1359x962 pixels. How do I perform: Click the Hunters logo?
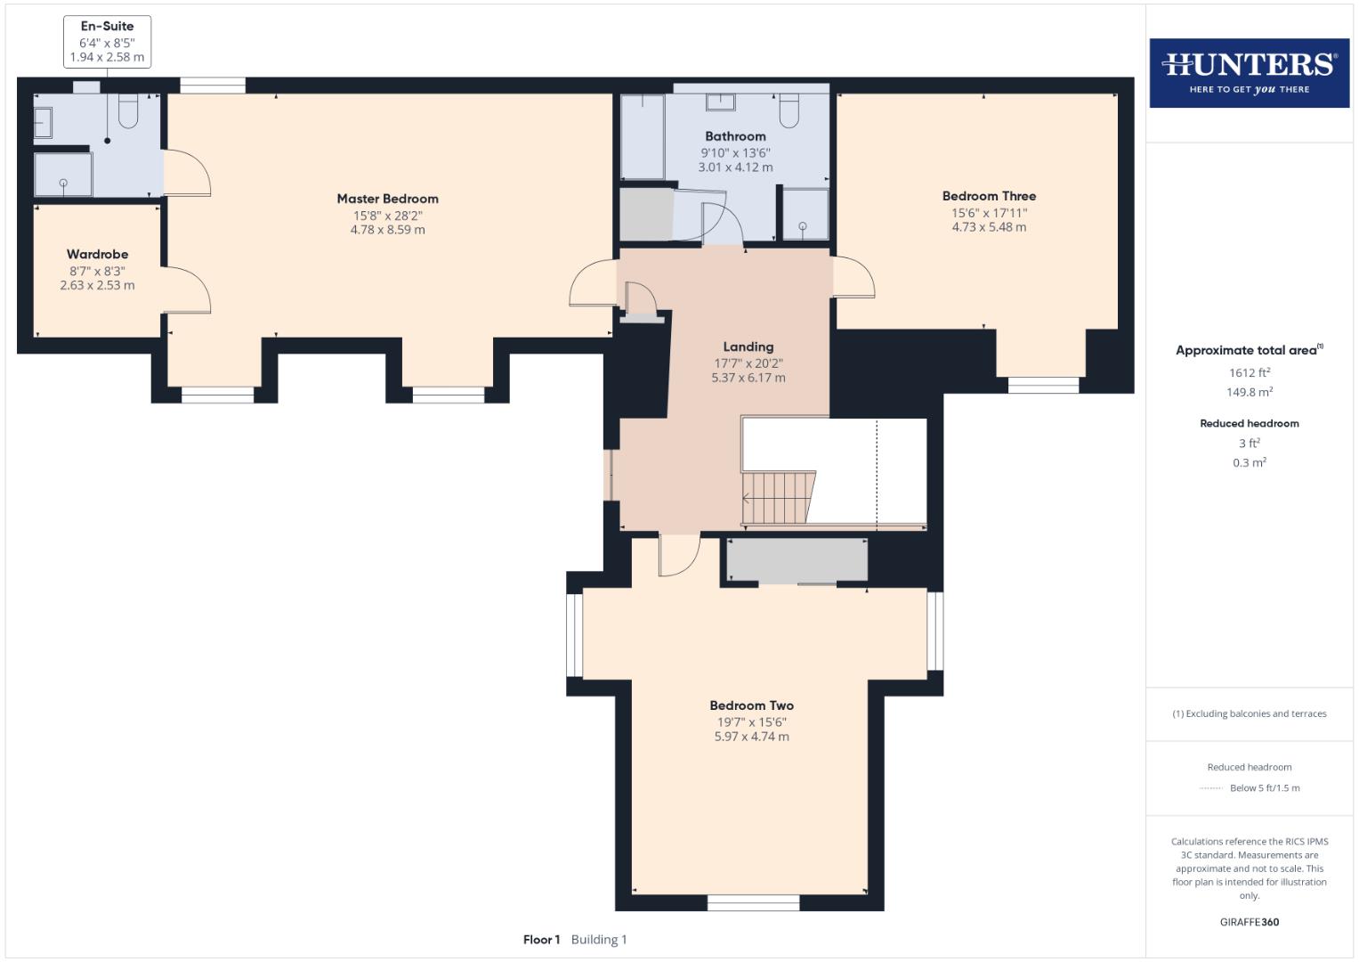(1249, 72)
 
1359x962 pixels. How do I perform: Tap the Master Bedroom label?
(387, 199)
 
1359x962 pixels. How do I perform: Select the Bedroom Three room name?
(989, 196)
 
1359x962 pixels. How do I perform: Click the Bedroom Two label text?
(751, 705)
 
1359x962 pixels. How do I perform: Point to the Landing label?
(748, 346)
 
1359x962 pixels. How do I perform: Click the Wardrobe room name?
(97, 254)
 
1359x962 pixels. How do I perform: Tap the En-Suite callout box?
(107, 41)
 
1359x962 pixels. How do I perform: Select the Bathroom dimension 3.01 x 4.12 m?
(735, 167)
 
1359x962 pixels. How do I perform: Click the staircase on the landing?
(778, 497)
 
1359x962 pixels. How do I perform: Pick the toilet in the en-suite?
(128, 111)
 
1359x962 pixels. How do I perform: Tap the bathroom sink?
(720, 102)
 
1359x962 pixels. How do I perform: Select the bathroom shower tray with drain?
(804, 214)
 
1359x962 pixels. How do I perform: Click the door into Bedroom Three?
(853, 277)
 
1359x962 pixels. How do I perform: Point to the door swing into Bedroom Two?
(678, 555)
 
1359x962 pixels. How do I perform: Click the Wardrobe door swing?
(187, 289)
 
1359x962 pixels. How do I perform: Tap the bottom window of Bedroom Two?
(753, 903)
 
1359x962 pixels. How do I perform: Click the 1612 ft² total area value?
(1249, 373)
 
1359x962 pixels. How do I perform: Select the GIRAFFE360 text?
(1249, 922)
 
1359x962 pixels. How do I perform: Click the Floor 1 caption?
(541, 940)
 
